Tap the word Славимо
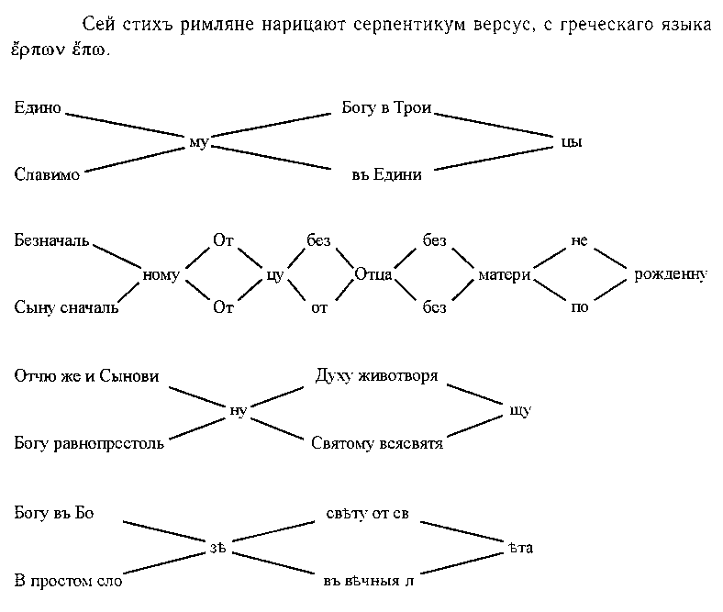click(47, 175)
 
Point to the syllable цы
click(571, 142)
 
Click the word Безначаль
click(51, 241)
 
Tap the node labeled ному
click(161, 274)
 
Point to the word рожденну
click(671, 274)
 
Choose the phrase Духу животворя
click(376, 376)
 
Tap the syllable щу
click(520, 410)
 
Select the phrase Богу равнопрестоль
click(89, 444)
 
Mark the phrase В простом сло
click(68, 581)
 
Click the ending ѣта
click(520, 549)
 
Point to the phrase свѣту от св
click(367, 514)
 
